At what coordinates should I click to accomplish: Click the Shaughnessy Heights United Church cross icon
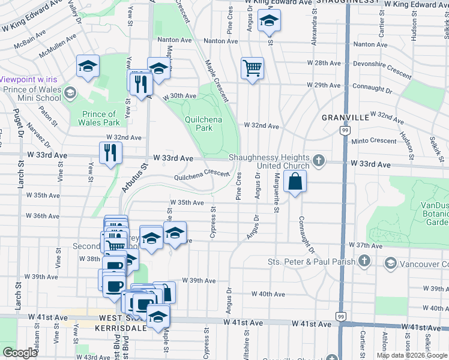318,160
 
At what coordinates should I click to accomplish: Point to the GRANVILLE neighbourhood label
345,118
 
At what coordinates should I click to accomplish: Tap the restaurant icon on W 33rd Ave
110,152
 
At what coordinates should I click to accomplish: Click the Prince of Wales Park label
98,118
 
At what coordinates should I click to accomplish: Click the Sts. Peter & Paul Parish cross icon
364,261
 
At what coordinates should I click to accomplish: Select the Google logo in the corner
20,353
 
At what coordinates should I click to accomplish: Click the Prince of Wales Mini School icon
71,93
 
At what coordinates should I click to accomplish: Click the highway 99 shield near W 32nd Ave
345,130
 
